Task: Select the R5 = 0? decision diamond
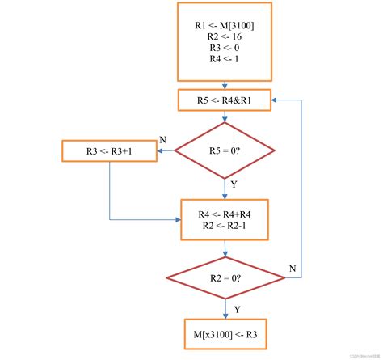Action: pyautogui.click(x=225, y=150)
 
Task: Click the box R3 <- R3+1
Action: pyautogui.click(x=109, y=150)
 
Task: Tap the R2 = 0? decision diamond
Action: pyautogui.click(x=225, y=277)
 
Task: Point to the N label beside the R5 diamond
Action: pyautogui.click(x=162, y=140)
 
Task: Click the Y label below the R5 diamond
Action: pyautogui.click(x=234, y=184)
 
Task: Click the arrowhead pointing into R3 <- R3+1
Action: pyautogui.click(x=159, y=150)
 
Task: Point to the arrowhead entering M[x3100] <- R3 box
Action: pyautogui.click(x=225, y=317)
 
